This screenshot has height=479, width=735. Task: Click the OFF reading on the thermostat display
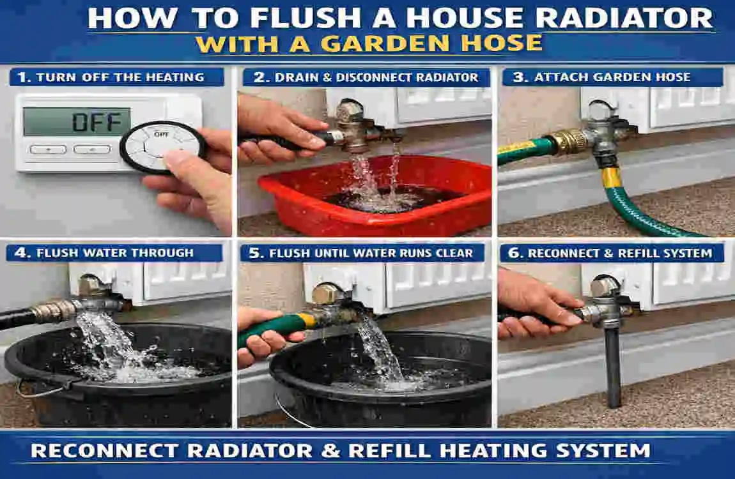[97, 121]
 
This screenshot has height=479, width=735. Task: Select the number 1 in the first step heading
[23, 77]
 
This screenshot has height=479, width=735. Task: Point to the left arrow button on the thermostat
[47, 149]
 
